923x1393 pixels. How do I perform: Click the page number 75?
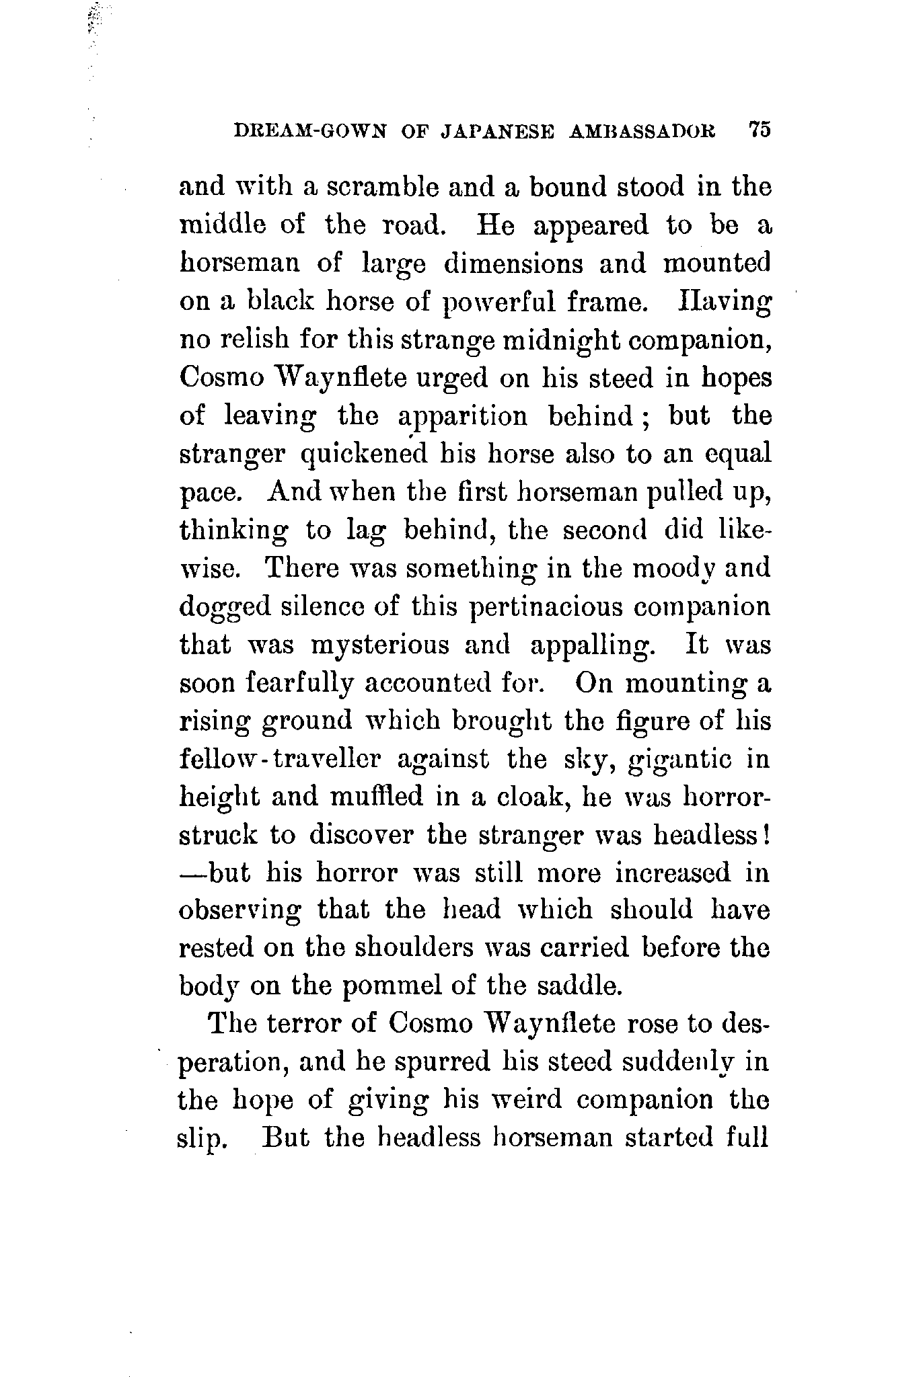[758, 130]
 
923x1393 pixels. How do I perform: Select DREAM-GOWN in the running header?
[309, 131]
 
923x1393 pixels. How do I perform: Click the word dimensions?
[513, 263]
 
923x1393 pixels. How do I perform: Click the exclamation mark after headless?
[766, 835]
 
